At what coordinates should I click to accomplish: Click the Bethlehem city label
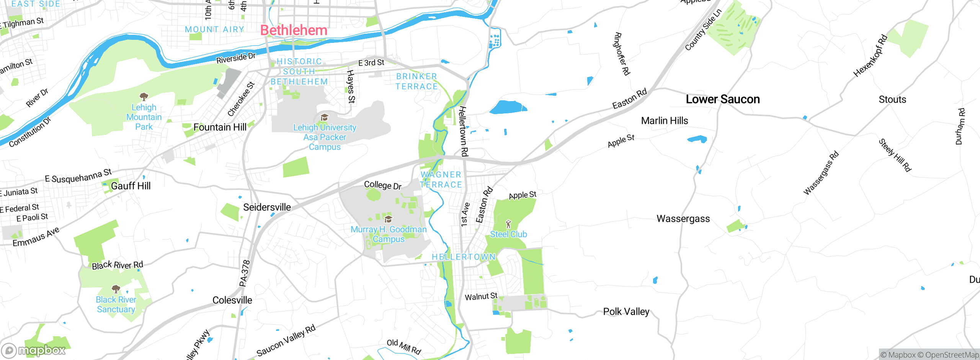point(294,30)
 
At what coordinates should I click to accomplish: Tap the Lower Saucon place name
point(723,99)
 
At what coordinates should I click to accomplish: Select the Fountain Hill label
point(220,127)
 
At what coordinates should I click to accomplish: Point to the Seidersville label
point(267,207)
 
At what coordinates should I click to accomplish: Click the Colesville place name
point(232,300)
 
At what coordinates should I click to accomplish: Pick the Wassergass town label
point(683,219)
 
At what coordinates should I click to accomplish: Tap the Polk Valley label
point(626,312)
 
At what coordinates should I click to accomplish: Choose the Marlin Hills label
point(665,121)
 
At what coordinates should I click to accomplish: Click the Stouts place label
point(892,100)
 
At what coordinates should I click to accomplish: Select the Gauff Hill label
point(131,186)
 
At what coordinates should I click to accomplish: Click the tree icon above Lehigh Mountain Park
point(144,97)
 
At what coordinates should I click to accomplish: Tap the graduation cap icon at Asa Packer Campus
point(324,117)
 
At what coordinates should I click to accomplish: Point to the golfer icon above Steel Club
point(508,224)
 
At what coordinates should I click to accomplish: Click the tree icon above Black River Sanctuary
point(116,289)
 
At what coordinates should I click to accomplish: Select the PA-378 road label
point(245,273)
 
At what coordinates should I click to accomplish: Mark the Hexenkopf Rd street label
point(871,56)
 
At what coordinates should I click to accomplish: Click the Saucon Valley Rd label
point(286,340)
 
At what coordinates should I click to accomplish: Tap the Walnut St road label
point(481,296)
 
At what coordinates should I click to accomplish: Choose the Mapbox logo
point(34,350)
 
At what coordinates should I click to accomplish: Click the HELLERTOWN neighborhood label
point(464,257)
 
